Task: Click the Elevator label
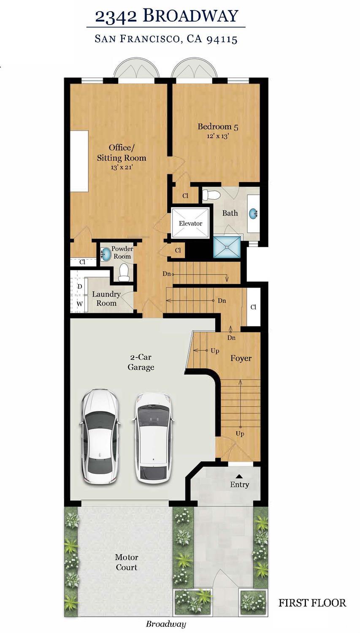pos(190,223)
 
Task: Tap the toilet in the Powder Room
pos(124,273)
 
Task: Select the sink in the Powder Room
pos(106,254)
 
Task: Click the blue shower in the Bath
pos(227,247)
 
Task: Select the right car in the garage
pos(153,438)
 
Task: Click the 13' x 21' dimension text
pos(122,168)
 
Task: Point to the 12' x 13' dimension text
pos(218,136)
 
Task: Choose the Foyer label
pos(241,359)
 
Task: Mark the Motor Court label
pos(127,562)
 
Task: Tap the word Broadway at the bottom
pos(166,624)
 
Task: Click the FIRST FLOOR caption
pos(312,603)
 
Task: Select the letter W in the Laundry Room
pos(79,303)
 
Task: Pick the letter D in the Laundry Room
pos(79,286)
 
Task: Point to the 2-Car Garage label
pos(141,362)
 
